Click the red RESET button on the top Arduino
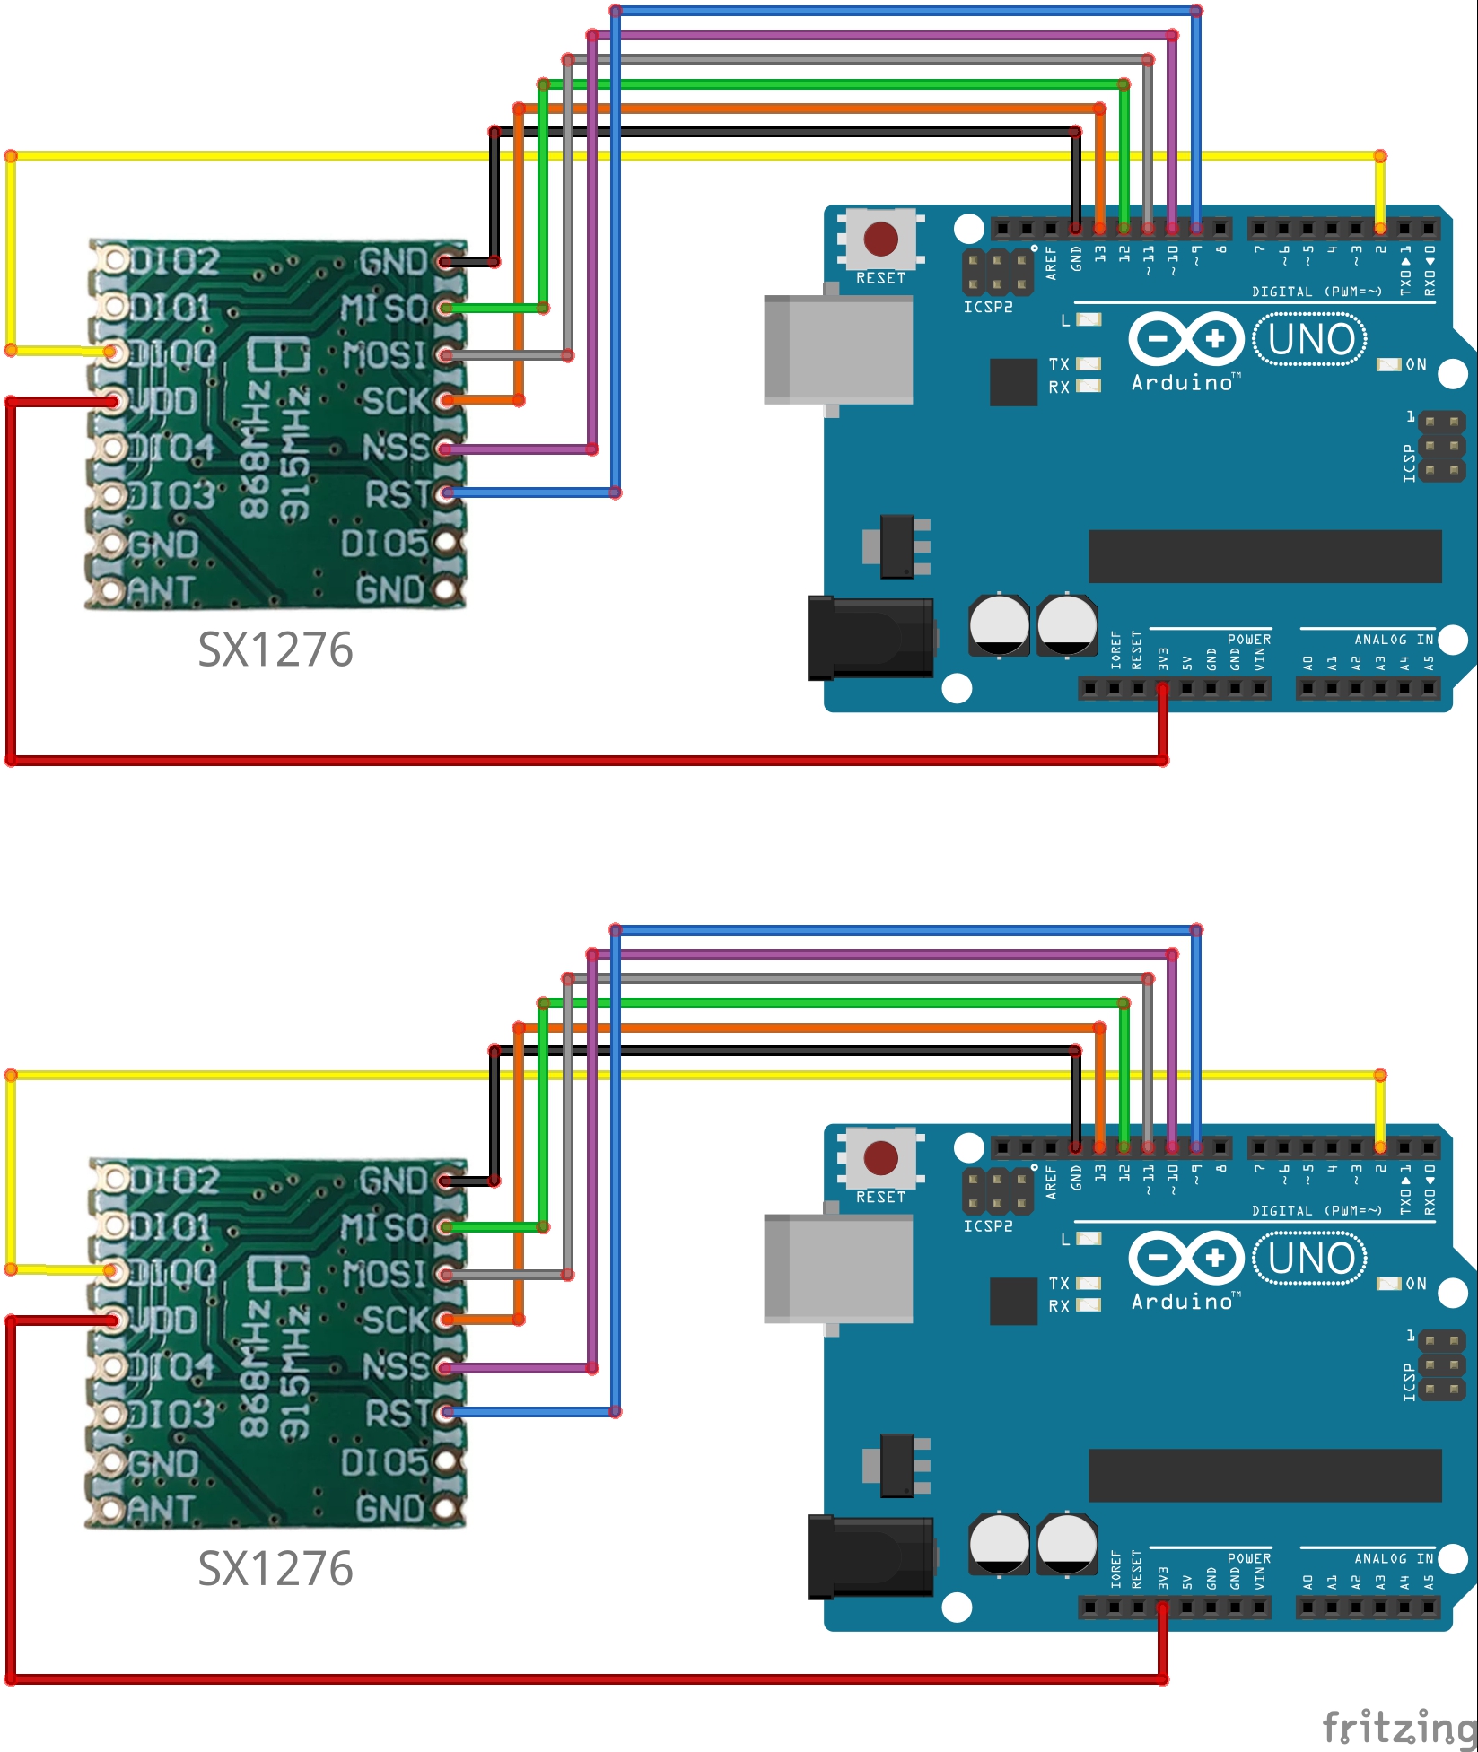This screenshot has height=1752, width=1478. [x=880, y=239]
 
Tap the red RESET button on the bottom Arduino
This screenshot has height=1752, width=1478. [x=880, y=1158]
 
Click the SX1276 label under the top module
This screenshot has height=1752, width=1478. [x=275, y=649]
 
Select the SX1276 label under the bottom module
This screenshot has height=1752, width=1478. [x=275, y=1569]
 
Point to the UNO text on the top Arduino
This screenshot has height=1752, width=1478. [x=1311, y=340]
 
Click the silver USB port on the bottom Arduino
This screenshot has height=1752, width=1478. [x=838, y=1268]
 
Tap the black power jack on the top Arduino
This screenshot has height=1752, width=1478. [x=870, y=638]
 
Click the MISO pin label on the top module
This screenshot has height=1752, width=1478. [x=384, y=309]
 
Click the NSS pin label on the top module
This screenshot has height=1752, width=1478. [x=396, y=448]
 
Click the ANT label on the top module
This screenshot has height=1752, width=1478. [x=162, y=590]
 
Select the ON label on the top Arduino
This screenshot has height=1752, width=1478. [x=1415, y=364]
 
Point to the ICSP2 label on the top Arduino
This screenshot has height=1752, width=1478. [x=987, y=307]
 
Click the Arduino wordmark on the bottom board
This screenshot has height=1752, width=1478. [x=1183, y=1302]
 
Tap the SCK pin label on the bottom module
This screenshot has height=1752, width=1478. [x=396, y=1321]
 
